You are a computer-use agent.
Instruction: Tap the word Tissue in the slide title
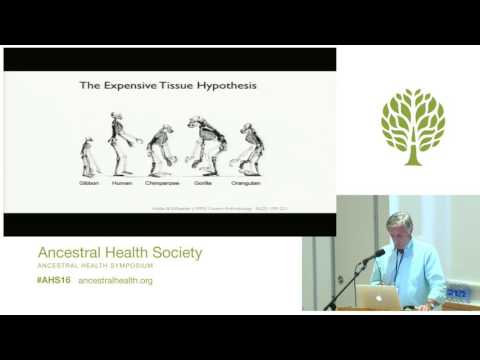(182, 86)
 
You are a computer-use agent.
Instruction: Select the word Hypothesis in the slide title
(228, 86)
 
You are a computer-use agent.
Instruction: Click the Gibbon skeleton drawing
(88, 158)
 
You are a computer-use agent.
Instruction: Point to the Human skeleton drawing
(122, 148)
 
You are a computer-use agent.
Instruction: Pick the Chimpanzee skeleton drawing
(160, 150)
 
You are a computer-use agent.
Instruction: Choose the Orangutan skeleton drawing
(248, 150)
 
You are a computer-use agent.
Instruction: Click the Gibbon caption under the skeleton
(88, 185)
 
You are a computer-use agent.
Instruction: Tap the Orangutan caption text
(248, 185)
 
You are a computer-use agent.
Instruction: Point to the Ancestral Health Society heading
(119, 253)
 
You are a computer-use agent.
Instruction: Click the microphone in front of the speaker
(374, 256)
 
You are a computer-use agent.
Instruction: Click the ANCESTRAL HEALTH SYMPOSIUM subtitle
(96, 267)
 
